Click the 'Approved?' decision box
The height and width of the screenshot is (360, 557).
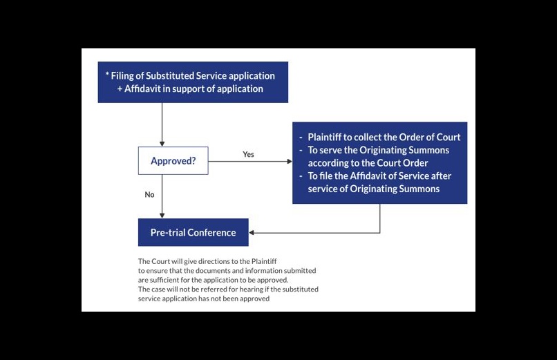tap(173, 161)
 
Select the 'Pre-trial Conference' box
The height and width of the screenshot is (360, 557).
tap(193, 233)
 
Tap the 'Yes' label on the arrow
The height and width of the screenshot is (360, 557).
tap(248, 154)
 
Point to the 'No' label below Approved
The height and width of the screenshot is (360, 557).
tap(149, 195)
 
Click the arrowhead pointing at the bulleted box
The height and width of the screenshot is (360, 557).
tap(289, 161)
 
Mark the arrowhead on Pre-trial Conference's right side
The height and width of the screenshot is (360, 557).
tap(252, 233)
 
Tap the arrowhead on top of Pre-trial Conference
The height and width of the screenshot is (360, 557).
tap(162, 215)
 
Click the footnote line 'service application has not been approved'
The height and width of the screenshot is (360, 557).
tap(204, 299)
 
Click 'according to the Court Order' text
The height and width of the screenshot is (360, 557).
tap(368, 163)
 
